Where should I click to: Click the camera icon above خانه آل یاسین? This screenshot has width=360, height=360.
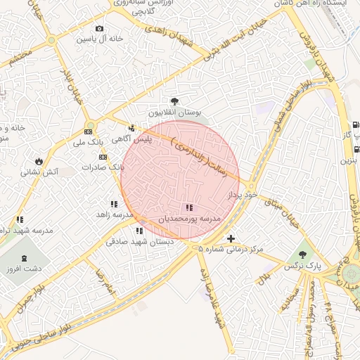pos(99,29)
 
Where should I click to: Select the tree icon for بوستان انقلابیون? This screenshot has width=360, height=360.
pos(174,102)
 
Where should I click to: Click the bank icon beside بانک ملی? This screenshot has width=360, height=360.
pos(89,131)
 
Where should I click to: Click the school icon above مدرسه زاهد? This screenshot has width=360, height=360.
pos(114,205)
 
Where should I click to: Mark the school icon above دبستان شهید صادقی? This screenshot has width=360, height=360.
pos(139,231)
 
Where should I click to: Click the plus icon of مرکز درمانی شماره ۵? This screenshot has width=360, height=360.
pos(231,239)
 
